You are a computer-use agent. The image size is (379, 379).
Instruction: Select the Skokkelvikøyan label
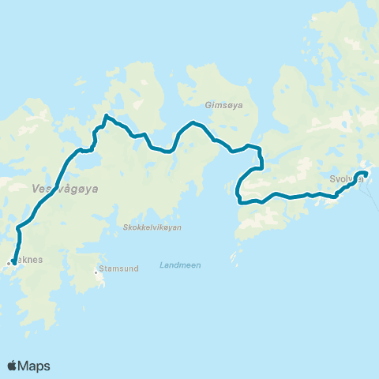(152, 227)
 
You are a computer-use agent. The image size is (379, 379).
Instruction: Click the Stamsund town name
(120, 268)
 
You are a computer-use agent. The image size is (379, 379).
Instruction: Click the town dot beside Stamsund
(96, 272)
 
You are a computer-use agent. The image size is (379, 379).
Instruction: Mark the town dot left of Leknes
(8, 263)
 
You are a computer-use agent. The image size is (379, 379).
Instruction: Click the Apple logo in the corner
(13, 366)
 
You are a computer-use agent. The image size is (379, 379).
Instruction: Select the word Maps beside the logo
(35, 366)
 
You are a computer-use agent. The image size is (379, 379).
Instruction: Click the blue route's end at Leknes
(14, 262)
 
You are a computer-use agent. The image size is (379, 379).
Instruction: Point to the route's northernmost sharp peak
(106, 118)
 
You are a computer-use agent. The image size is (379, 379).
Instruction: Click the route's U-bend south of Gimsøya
(238, 189)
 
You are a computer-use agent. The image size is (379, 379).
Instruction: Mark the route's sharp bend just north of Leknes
(18, 230)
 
